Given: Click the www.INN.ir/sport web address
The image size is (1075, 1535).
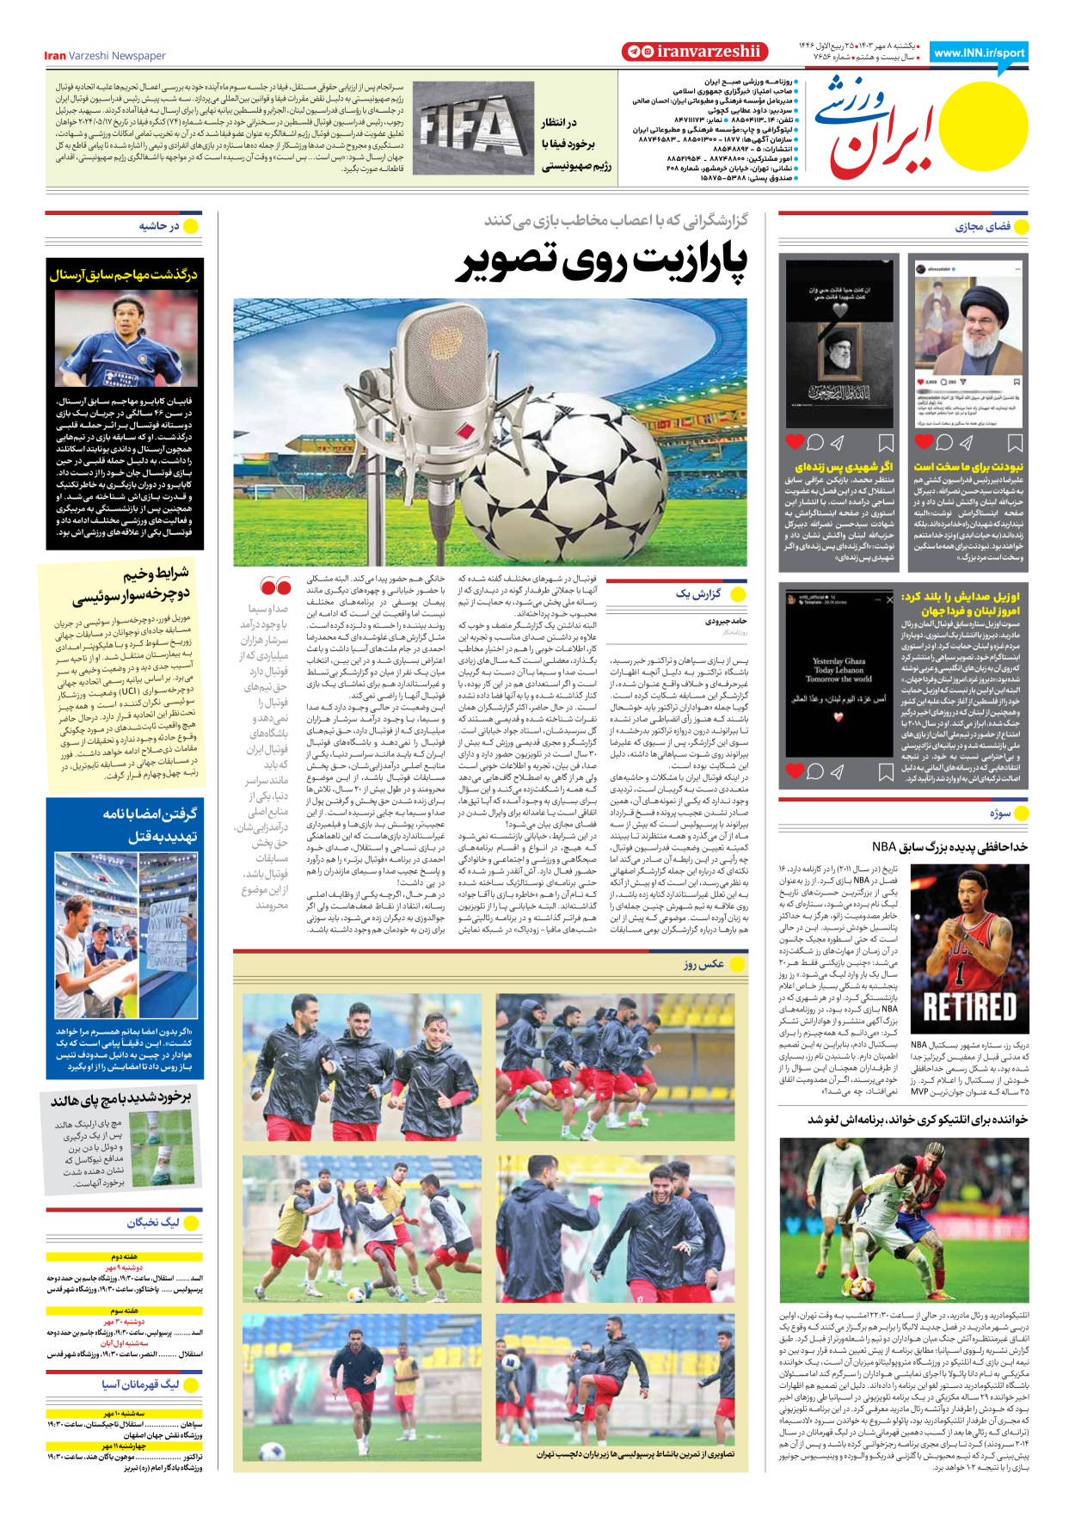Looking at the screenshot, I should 979,53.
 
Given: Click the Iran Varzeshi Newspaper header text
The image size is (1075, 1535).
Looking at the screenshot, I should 105,56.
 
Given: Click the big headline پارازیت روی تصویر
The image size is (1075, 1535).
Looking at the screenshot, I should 601,262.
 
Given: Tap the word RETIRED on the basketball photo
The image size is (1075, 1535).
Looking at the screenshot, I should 969,1007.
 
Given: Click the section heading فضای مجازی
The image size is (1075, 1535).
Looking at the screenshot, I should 983,227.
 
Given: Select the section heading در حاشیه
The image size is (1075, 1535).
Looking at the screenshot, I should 159,226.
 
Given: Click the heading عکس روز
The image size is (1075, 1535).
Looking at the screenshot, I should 703,964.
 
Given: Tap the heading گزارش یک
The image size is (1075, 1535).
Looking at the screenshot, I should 698,594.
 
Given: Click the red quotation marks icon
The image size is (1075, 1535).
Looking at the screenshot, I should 275,587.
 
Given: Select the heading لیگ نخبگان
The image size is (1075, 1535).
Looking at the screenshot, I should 153,1222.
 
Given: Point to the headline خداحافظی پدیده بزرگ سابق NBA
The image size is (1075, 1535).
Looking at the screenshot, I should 949,847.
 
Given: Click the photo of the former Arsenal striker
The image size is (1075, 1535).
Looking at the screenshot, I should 125,338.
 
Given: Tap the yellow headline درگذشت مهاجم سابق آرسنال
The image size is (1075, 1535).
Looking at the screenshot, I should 124,274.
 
